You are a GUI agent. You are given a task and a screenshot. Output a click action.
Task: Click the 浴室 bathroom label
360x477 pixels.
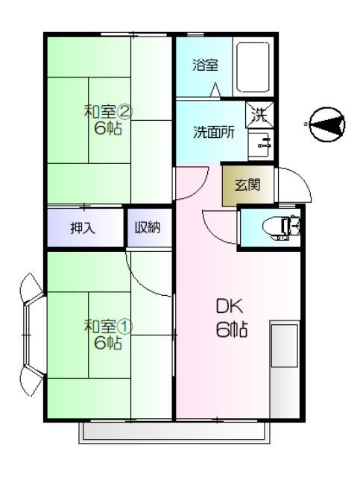click(205, 65)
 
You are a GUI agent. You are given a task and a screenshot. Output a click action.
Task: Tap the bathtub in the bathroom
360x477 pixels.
click(253, 67)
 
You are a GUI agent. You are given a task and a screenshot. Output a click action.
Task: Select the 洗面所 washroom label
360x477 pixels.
click(214, 133)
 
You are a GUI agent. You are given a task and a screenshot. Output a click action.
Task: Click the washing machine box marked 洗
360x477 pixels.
click(259, 115)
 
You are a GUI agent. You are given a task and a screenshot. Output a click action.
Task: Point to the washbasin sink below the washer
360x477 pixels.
click(261, 144)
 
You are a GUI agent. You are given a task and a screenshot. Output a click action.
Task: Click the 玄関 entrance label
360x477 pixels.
click(247, 185)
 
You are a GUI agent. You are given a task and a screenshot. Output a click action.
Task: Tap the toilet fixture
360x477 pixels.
click(281, 227)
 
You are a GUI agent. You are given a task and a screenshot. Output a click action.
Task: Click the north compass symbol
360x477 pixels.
click(326, 124)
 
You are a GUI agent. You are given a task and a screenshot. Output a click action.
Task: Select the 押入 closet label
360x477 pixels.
click(83, 227)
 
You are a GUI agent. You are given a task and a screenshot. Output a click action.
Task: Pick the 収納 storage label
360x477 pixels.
click(148, 227)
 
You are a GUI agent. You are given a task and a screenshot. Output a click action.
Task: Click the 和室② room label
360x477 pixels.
click(108, 112)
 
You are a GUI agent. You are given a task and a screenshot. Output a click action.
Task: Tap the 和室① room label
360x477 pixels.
click(108, 326)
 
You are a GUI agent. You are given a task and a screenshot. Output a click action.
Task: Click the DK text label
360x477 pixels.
click(230, 306)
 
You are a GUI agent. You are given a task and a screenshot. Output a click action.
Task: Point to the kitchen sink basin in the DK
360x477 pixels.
click(284, 346)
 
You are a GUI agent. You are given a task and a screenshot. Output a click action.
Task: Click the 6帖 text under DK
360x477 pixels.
click(232, 329)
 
